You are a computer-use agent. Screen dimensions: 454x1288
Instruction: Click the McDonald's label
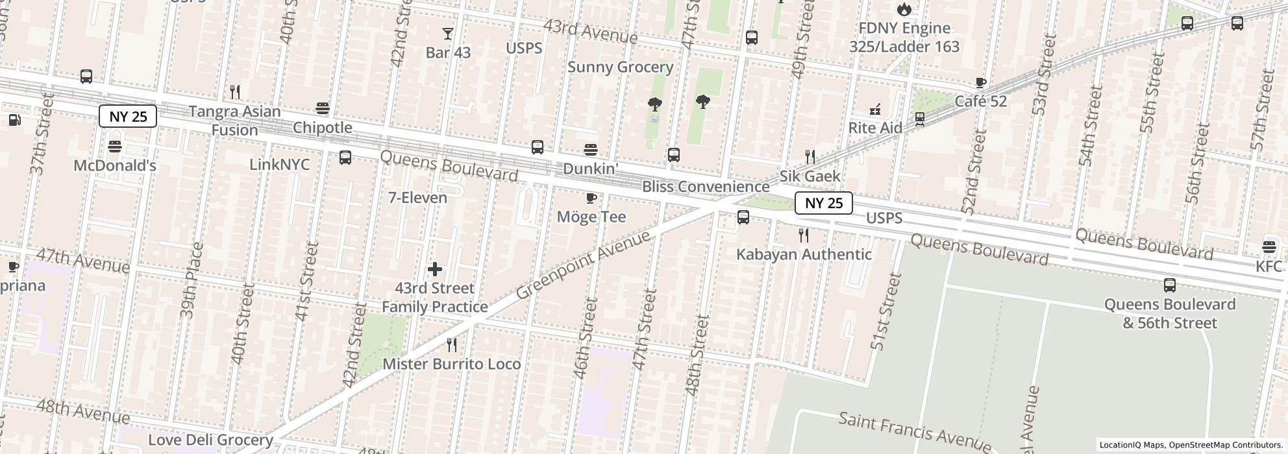pyautogui.click(x=115, y=166)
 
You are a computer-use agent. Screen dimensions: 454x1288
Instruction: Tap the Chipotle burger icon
pyautogui.click(x=322, y=108)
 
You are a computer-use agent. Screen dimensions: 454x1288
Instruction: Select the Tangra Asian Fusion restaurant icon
pyautogui.click(x=235, y=92)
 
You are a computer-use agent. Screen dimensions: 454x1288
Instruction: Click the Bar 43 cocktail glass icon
pyautogui.click(x=448, y=34)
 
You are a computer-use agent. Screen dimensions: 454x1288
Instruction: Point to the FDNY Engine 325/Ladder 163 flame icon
pyautogui.click(x=904, y=9)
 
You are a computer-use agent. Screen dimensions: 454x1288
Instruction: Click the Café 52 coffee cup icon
pyautogui.click(x=980, y=82)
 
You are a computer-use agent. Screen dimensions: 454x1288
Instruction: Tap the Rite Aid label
pyautogui.click(x=875, y=128)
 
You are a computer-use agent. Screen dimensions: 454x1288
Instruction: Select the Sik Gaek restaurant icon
pyautogui.click(x=810, y=156)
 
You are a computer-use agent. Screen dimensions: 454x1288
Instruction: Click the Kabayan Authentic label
pyautogui.click(x=803, y=254)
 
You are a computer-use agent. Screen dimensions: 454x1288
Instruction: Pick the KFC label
pyautogui.click(x=1269, y=267)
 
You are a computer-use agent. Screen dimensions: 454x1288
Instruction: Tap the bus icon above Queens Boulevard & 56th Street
pyautogui.click(x=1169, y=285)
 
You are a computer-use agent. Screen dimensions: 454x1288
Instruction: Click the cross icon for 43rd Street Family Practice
pyautogui.click(x=435, y=269)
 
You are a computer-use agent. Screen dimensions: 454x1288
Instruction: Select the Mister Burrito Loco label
pyautogui.click(x=451, y=364)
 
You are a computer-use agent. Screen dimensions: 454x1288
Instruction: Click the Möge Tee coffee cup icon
pyautogui.click(x=591, y=198)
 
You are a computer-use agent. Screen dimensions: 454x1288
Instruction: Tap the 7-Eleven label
pyautogui.click(x=417, y=198)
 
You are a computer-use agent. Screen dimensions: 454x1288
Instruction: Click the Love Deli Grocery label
pyautogui.click(x=210, y=440)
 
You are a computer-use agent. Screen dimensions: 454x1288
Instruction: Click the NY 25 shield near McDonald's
pyautogui.click(x=128, y=117)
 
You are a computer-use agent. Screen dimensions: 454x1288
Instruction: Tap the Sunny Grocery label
pyautogui.click(x=620, y=67)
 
